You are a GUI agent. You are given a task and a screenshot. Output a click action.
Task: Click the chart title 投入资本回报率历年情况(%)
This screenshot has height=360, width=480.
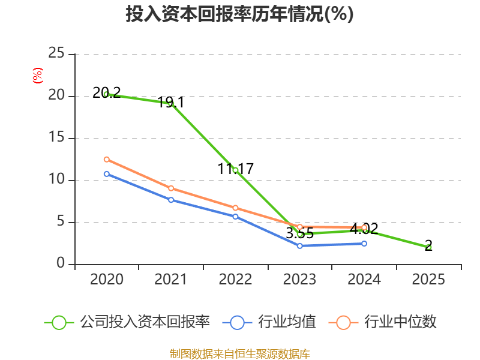[x=239, y=14]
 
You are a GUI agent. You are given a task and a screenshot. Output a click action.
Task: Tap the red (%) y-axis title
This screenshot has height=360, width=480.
[x=38, y=76]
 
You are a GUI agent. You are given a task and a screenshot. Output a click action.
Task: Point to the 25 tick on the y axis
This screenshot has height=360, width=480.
[x=56, y=53]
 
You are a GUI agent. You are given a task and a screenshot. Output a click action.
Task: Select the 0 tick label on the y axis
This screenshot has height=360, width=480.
[x=61, y=263]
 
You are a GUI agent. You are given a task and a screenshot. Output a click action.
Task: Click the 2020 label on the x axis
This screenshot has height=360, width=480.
[x=107, y=279]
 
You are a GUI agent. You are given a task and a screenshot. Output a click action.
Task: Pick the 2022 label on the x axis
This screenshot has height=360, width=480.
[x=235, y=279]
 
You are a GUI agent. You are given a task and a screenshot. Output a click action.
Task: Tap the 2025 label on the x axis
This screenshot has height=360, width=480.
[x=428, y=279]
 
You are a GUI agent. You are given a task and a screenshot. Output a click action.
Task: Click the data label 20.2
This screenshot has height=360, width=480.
[x=107, y=92]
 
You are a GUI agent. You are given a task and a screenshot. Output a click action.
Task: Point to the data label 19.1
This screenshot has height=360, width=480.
[x=171, y=102]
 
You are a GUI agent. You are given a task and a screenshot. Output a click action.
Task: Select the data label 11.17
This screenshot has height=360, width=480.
[x=235, y=169]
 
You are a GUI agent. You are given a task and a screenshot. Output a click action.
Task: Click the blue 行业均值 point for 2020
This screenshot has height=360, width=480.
[x=107, y=174]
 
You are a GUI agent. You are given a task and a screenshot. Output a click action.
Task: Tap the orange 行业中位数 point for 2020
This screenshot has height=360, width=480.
[x=107, y=160]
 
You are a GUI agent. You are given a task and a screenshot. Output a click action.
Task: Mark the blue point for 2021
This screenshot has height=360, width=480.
[x=171, y=200]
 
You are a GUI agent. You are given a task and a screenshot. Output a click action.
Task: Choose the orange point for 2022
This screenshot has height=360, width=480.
[x=235, y=208]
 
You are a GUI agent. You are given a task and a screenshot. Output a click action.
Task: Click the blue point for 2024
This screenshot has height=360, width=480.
[x=364, y=244]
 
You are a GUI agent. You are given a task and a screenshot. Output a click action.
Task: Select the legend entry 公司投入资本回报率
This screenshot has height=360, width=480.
[x=127, y=322]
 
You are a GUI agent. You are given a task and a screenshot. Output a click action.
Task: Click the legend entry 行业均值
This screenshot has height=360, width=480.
[x=269, y=322]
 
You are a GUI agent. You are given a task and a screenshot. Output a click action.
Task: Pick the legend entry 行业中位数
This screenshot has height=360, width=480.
[x=382, y=322]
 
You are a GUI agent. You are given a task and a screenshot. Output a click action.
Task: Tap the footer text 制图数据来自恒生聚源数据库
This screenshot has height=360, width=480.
[x=239, y=354]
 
